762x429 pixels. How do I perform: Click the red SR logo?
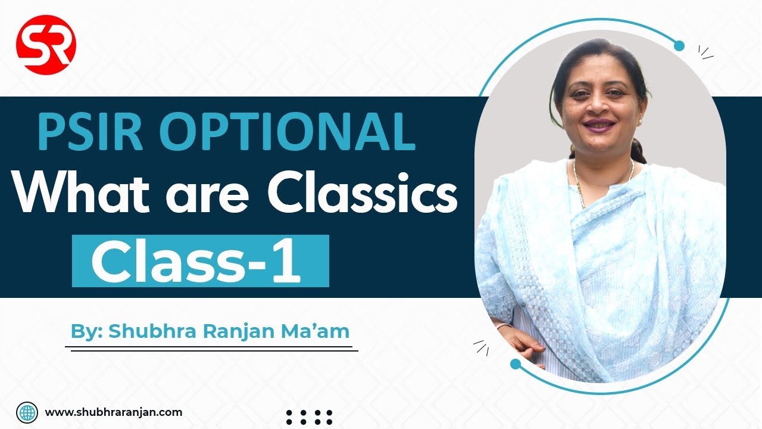click(x=46, y=43)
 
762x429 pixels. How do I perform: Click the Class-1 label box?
click(x=200, y=261)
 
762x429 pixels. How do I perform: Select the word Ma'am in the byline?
click(x=326, y=331)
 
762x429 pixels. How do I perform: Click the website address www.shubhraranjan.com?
click(x=114, y=412)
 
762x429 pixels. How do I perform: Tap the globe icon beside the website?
click(x=27, y=412)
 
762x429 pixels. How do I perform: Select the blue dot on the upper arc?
click(x=679, y=46)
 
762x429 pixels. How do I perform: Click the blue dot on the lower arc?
click(x=516, y=363)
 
